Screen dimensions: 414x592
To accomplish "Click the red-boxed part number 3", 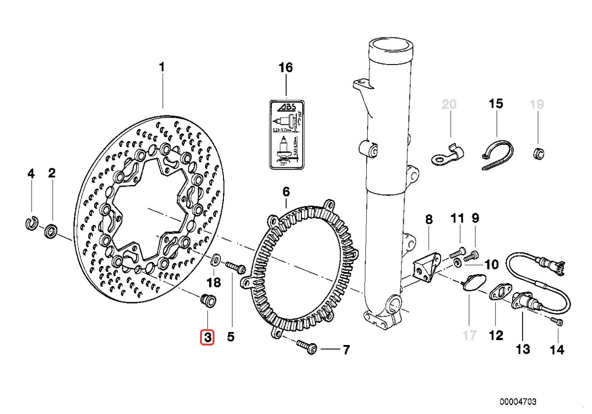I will (207, 337).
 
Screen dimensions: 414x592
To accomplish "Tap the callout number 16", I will (285, 68).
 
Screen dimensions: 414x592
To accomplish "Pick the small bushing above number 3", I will (208, 301).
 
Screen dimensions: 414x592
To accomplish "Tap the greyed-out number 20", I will (449, 105).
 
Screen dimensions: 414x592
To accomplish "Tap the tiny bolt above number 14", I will (557, 322).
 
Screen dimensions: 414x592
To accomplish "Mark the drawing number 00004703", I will (518, 401).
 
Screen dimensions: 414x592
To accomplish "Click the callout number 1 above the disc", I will (162, 68).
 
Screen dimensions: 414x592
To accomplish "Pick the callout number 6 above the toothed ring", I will (286, 192).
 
